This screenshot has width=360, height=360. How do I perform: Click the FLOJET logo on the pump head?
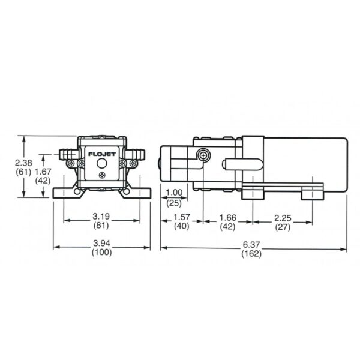pos(102,154)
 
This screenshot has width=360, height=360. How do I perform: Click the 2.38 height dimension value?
pos(23,163)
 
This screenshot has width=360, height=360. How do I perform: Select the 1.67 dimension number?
pos(43,172)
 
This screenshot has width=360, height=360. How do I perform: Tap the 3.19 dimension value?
pos(101,216)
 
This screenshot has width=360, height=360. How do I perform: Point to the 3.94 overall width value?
pos(101,243)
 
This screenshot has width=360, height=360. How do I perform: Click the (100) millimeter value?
pos(102,252)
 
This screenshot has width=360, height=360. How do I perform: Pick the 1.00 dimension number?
pos(174,193)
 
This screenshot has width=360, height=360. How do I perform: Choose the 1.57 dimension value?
pos(182,217)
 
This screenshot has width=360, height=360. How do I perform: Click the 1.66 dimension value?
pos(228,217)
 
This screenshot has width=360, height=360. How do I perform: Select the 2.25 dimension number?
pos(283,218)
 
